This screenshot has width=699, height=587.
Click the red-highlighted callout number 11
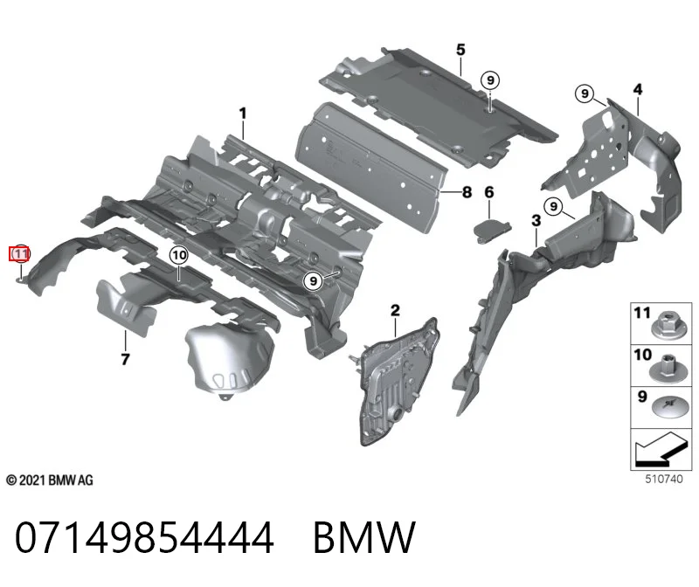point(20,254)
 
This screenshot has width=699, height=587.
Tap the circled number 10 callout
point(179,255)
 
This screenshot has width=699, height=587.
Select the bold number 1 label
point(243,114)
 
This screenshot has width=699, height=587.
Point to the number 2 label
point(396,311)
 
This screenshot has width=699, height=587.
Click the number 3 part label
point(536,221)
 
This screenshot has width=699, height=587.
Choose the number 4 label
point(638,90)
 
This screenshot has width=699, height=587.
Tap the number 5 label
point(460,50)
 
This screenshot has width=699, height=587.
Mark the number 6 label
point(489,192)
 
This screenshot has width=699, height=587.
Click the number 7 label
point(125,359)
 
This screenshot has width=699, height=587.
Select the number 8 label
point(467,192)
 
